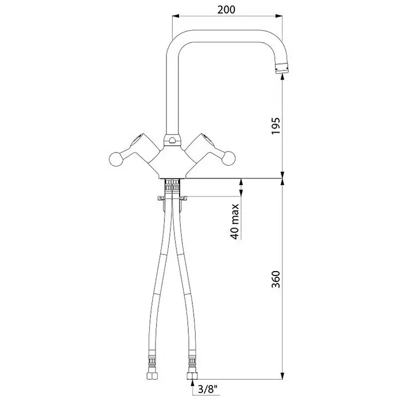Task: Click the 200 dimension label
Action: tap(226, 10)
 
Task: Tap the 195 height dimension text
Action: tap(276, 126)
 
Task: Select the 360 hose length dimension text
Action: tap(276, 279)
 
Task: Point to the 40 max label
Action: tap(235, 221)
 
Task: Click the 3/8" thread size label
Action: tap(208, 389)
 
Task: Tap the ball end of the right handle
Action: tap(228, 158)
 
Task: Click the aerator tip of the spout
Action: tap(282, 68)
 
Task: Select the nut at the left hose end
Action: tap(152, 375)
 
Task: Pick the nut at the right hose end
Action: tap(192, 375)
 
